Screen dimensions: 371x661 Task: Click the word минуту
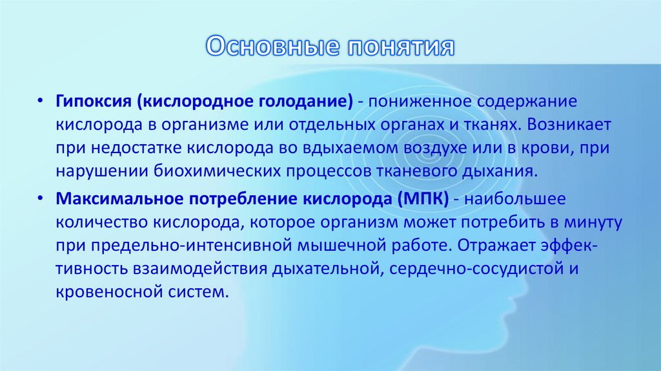pyautogui.click(x=591, y=222)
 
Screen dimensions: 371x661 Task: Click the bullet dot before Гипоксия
pyautogui.click(x=40, y=102)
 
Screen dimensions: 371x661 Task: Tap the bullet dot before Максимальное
pyautogui.click(x=40, y=199)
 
